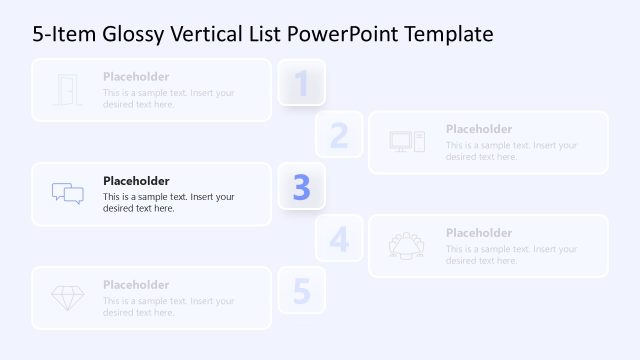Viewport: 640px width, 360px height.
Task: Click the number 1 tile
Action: click(x=301, y=83)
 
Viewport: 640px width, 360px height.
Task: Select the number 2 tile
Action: click(x=339, y=135)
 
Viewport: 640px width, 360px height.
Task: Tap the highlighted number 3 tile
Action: click(x=301, y=187)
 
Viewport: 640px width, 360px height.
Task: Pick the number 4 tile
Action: click(x=339, y=239)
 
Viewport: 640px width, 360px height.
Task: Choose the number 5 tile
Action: click(x=301, y=291)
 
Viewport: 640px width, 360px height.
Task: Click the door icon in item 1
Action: click(x=67, y=90)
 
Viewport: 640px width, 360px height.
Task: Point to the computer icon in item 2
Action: click(x=407, y=142)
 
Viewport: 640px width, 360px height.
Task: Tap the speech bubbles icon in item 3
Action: click(x=67, y=194)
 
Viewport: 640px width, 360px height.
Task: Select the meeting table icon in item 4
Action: click(x=407, y=245)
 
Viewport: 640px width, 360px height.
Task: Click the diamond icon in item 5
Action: click(x=67, y=298)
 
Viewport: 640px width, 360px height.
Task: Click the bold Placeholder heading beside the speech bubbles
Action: click(x=136, y=181)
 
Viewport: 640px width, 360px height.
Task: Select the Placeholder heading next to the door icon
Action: click(x=136, y=77)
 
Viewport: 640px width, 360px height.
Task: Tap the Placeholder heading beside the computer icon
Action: click(x=479, y=129)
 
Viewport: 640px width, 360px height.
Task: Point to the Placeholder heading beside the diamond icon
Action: click(x=136, y=285)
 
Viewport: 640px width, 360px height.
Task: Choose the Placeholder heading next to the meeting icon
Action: click(x=479, y=233)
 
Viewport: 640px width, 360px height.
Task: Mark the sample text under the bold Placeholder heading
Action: click(x=168, y=203)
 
